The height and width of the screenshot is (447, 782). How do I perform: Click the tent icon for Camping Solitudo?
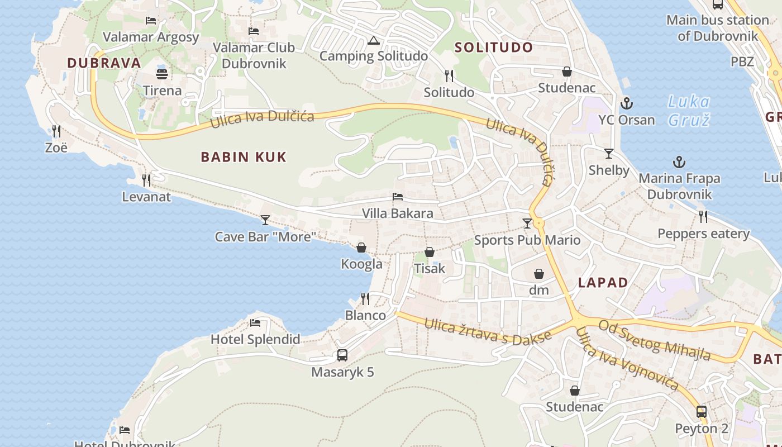pos(374,40)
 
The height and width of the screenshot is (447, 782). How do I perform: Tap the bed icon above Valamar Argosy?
pos(150,21)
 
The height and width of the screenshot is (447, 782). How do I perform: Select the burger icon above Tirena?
pos(162,74)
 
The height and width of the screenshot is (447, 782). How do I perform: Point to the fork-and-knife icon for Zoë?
pos(56,131)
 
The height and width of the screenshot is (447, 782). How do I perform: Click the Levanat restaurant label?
pos(146,197)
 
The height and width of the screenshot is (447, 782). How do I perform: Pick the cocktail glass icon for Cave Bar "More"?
pos(265,220)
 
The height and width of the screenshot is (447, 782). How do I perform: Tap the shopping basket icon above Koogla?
pos(361,248)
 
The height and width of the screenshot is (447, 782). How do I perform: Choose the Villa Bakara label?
pos(397,213)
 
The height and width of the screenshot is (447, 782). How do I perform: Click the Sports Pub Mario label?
pos(527,240)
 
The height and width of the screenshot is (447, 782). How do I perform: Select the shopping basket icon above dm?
pos(539,274)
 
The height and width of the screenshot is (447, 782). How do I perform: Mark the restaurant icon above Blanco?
pos(365,299)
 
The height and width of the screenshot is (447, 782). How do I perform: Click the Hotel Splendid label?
pos(255,339)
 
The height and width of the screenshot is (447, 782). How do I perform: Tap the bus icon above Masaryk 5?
pos(342,355)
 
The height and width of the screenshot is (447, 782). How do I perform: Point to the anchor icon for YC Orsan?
pos(626,103)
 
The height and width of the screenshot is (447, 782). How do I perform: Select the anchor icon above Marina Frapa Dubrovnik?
pos(679,162)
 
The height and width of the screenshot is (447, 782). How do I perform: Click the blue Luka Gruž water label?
pos(689,111)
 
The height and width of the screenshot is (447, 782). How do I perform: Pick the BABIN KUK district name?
pos(244,157)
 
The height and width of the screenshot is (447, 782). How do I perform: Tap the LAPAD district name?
pos(603,282)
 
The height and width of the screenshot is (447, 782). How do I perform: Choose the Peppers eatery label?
pos(703,234)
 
